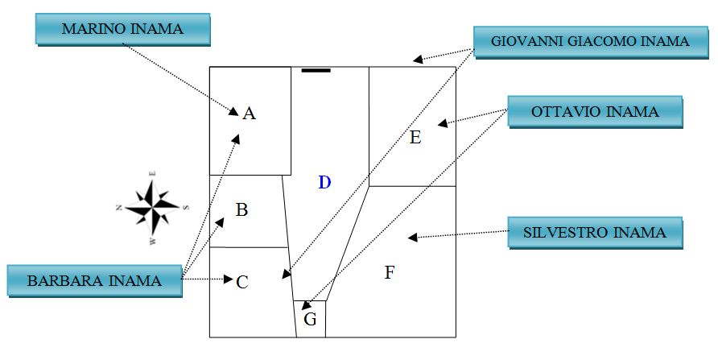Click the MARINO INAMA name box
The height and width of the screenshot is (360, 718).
(122, 29)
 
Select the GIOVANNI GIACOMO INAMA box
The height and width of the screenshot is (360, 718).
(591, 41)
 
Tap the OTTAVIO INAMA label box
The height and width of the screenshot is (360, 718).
(595, 112)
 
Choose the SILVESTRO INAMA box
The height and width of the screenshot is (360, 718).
(595, 233)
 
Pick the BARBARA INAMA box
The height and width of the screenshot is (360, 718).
(94, 281)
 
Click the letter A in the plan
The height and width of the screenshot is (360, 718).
(250, 114)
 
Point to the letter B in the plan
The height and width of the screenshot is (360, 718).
(241, 210)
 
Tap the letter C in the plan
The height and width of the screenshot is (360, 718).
(242, 283)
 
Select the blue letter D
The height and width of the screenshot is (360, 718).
(324, 183)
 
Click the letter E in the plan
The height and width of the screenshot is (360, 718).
(415, 138)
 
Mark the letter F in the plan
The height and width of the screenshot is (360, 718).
(390, 273)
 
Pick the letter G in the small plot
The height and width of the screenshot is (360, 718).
(311, 320)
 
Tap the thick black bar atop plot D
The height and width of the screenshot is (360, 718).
(316, 71)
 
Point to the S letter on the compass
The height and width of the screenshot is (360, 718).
(186, 207)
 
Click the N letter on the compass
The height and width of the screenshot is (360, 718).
(118, 208)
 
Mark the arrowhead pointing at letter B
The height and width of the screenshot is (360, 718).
(220, 221)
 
